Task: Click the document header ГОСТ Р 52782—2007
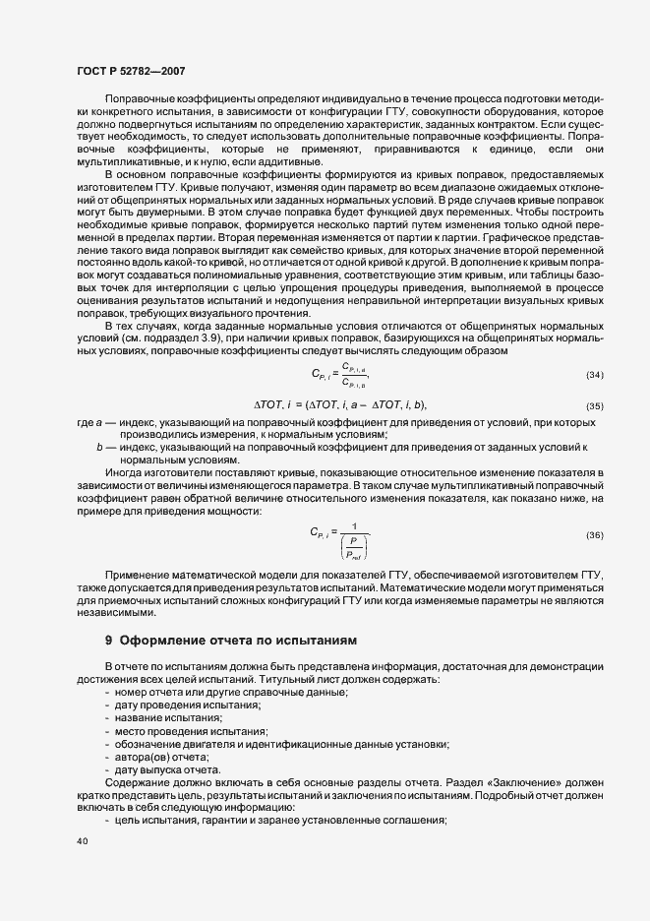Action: (130, 71)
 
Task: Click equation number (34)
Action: (593, 347)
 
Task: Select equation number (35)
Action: (593, 378)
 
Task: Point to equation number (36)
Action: (593, 534)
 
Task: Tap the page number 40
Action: (81, 841)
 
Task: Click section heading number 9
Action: (109, 640)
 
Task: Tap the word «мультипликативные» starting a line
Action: (120, 161)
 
